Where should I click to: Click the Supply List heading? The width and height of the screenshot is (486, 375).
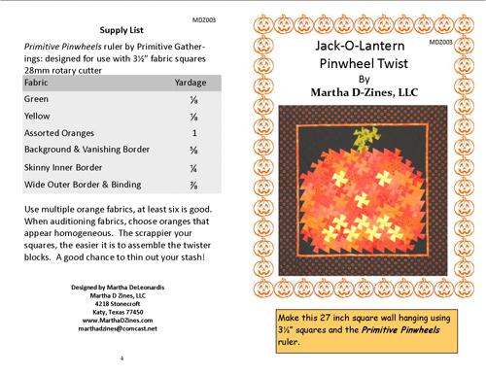pos(121,30)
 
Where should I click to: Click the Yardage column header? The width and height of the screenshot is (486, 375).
pos(191,83)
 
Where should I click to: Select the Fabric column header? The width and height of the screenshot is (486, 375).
pos(36,83)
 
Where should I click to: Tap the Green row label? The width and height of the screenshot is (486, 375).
pos(36,99)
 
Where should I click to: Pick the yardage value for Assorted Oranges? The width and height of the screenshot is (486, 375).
pos(194,133)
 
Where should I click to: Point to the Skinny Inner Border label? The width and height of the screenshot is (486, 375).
pos(63,167)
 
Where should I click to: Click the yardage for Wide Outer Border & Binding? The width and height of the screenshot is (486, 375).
pos(193,186)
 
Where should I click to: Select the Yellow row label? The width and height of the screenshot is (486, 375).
pos(37,116)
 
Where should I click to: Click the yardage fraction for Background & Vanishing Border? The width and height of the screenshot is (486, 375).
pos(193,151)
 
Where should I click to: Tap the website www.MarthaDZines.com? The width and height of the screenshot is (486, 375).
pos(118,321)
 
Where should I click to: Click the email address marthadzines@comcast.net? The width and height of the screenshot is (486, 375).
pos(118,328)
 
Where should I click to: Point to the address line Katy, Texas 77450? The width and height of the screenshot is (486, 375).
pos(118,312)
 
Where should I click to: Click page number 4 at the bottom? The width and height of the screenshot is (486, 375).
pos(121,358)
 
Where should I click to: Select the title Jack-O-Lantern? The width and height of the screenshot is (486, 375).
pos(360,46)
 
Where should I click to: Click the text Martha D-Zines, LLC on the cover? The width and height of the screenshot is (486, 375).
pos(364,92)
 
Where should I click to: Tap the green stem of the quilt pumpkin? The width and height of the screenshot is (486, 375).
pos(365,138)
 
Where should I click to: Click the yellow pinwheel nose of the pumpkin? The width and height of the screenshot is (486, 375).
pos(363,200)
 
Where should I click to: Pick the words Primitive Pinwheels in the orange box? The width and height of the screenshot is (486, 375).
pos(400,330)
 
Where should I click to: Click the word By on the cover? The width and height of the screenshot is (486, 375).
pos(364,80)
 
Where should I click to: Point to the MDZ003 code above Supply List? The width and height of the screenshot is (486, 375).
pos(204,20)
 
